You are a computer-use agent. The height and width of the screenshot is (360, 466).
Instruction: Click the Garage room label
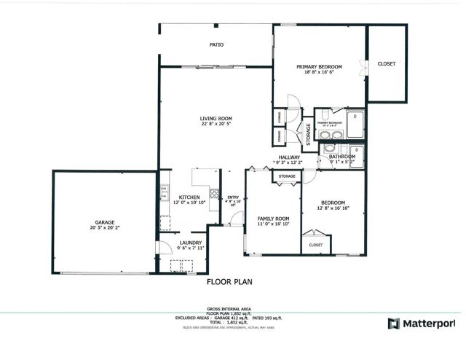(x=105, y=222)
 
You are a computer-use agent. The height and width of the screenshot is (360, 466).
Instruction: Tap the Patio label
(x=216, y=45)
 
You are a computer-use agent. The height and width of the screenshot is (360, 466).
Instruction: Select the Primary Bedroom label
(x=319, y=67)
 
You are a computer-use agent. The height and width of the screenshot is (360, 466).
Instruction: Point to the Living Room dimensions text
(x=216, y=124)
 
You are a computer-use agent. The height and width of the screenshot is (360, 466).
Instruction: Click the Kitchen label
(x=190, y=197)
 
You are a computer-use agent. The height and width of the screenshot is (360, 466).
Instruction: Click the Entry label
(x=233, y=197)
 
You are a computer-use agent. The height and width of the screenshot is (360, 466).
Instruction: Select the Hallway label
(x=289, y=157)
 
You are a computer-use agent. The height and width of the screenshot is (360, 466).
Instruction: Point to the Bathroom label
(x=341, y=157)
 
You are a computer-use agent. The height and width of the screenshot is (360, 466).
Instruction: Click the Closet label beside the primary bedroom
(x=387, y=64)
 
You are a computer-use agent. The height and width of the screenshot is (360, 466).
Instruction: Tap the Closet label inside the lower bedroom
(x=315, y=245)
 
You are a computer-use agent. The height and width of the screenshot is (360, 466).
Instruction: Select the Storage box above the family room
(x=287, y=176)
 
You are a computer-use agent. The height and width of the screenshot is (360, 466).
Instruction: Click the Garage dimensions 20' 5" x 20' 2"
(x=105, y=228)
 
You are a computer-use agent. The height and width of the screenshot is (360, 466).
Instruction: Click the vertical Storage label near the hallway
(x=308, y=136)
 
